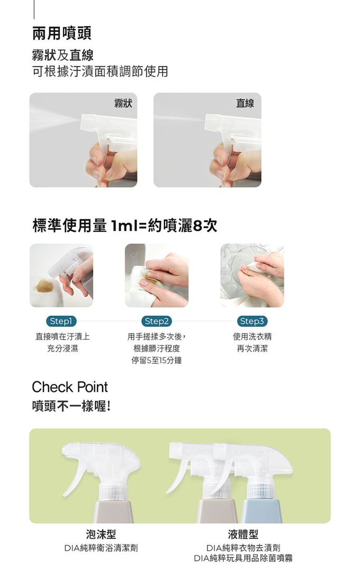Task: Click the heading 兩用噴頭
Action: pyautogui.click(x=62, y=33)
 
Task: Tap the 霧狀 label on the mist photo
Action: pyautogui.click(x=123, y=103)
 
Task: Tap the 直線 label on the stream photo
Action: pyautogui.click(x=245, y=103)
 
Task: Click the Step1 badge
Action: pyautogui.click(x=61, y=321)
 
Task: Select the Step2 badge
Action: pyautogui.click(x=156, y=321)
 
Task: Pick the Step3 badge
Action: pyautogui.click(x=252, y=321)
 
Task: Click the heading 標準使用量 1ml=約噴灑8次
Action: pyautogui.click(x=124, y=226)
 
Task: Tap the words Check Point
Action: pyautogui.click(x=70, y=387)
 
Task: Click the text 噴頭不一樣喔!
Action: pyautogui.click(x=71, y=406)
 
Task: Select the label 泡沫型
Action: pyautogui.click(x=101, y=534)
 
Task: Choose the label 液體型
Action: pyautogui.click(x=243, y=534)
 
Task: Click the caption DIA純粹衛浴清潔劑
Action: pyautogui.click(x=101, y=548)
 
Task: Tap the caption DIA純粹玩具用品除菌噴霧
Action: pyautogui.click(x=243, y=558)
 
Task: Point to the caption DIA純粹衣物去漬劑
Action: pyautogui.click(x=243, y=548)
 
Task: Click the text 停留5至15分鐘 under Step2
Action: pyautogui.click(x=156, y=360)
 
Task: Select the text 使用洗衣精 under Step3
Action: pyautogui.click(x=252, y=336)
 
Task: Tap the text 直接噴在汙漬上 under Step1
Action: pyautogui.click(x=62, y=336)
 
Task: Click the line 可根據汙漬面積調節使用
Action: pyautogui.click(x=100, y=71)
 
